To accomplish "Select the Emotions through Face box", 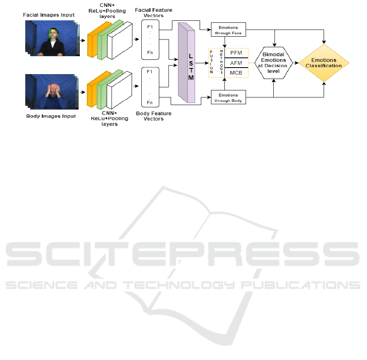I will (229, 29).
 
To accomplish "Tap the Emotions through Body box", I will (229, 97).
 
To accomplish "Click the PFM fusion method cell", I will (236, 53).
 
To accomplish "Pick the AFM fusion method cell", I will (236, 63).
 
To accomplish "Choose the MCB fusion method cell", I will (236, 72).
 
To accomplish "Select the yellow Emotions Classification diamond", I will (324, 63).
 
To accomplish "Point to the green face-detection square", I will (53, 33).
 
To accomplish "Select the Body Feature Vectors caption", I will (153, 116).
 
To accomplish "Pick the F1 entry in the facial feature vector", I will (149, 27).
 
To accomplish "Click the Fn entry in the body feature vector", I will (149, 103).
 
